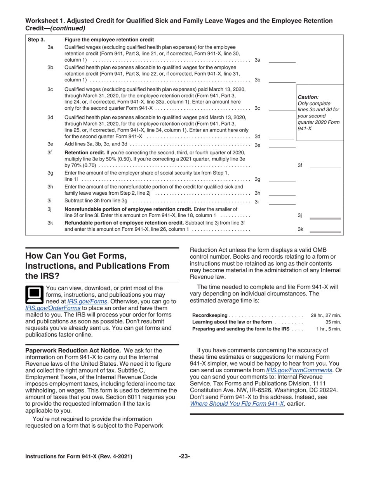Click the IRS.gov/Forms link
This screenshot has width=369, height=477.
point(87,301)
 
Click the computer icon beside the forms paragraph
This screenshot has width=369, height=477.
point(34,295)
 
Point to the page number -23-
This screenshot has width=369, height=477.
point(184,456)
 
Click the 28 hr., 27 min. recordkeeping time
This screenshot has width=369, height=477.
point(326,315)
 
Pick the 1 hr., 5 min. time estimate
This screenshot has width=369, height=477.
point(329,329)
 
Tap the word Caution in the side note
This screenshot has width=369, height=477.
point(307,97)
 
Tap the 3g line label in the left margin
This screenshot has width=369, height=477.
point(50,173)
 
